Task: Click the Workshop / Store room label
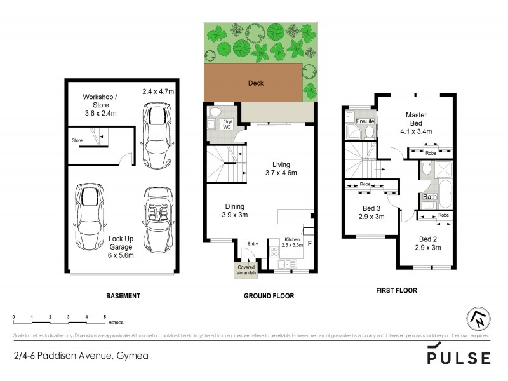[100, 105]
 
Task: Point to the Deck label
[255, 83]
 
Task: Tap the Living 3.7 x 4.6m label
[281, 168]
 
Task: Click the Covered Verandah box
[245, 270]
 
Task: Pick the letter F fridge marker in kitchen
[310, 243]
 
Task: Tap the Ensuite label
[364, 121]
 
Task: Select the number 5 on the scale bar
[104, 316]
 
